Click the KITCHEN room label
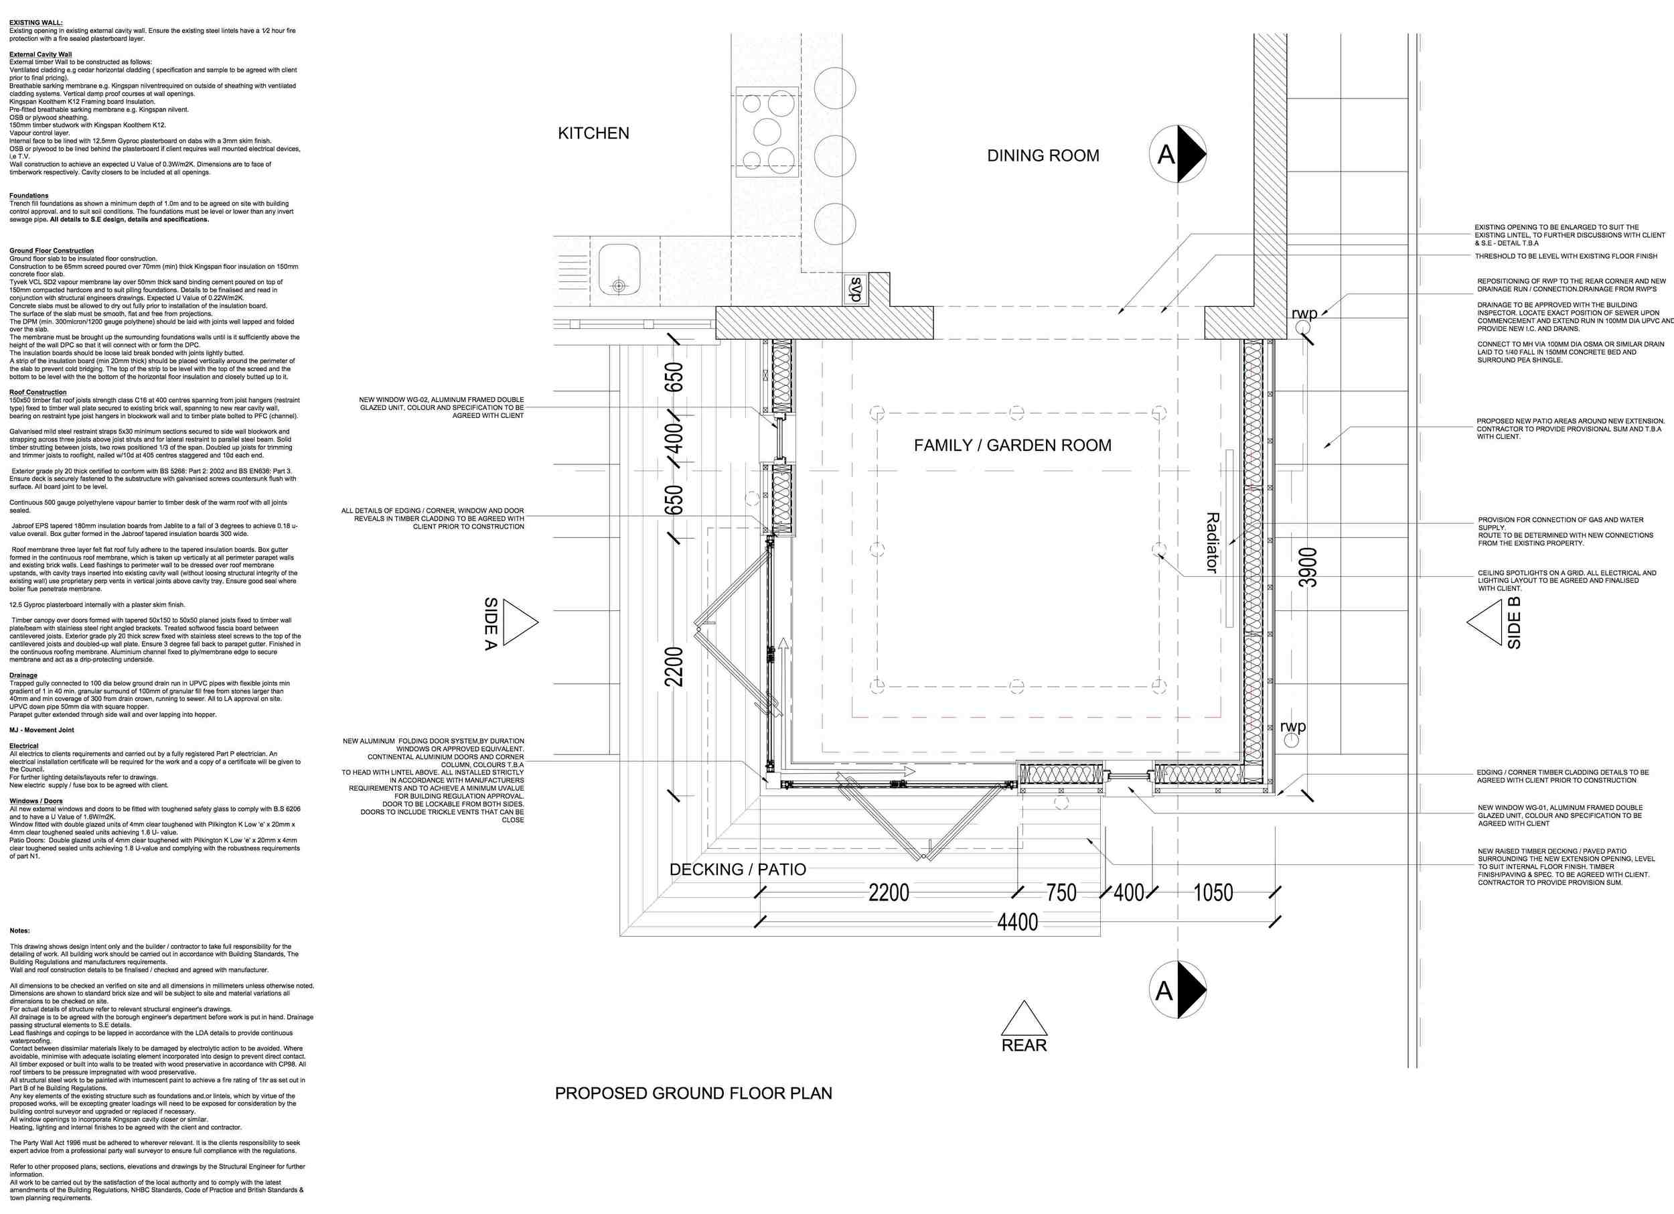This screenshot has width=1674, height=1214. coord(593,133)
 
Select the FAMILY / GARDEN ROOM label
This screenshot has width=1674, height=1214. coord(1012,446)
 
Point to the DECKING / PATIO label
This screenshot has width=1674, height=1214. coord(737,869)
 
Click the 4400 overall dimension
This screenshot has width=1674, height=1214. coord(1017,923)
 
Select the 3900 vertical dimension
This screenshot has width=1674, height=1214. coord(1308,567)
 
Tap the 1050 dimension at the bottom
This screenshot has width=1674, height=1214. coord(1213,893)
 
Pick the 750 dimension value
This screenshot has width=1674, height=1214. coord(1061,893)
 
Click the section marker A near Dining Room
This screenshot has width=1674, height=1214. coord(1177,154)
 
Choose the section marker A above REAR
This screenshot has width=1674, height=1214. coord(1177,990)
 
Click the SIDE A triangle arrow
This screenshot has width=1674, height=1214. coord(520,622)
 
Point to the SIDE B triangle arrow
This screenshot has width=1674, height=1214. coord(1484,622)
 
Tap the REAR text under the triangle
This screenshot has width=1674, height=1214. coord(1024,1046)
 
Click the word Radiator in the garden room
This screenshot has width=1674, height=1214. coord(1211,542)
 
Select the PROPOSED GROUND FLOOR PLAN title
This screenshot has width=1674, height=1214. coord(693,1093)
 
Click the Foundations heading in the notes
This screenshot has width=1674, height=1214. coord(29,196)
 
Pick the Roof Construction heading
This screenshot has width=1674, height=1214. coord(37,392)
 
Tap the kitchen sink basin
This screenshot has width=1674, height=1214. coord(619,269)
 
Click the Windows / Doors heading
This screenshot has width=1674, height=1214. coord(36,801)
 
